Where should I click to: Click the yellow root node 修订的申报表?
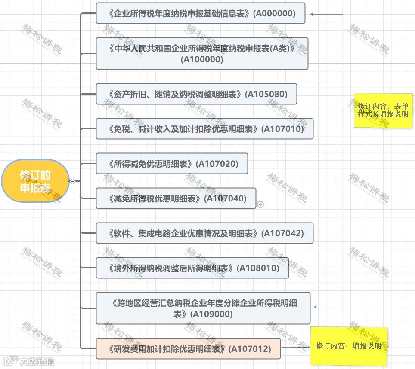(x=35, y=181)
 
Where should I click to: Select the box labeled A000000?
(x=201, y=13)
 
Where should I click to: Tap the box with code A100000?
(x=202, y=54)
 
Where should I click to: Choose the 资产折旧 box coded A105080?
(x=196, y=94)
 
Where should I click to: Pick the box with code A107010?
(x=204, y=129)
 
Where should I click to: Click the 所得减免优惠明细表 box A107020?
(x=172, y=164)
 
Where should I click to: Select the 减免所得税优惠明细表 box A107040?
(x=176, y=198)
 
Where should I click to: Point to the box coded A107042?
(x=204, y=233)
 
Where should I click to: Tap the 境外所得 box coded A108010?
(x=192, y=268)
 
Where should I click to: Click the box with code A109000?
(x=203, y=308)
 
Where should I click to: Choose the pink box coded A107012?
(x=188, y=349)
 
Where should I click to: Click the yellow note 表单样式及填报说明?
(x=383, y=110)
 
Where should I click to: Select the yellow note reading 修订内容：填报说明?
(x=349, y=346)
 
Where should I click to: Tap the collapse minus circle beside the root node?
(x=72, y=181)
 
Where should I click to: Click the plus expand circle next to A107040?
(x=260, y=205)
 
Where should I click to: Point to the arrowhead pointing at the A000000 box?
(x=312, y=14)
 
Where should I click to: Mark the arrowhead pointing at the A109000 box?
(x=316, y=307)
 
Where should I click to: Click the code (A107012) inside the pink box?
(x=250, y=349)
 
